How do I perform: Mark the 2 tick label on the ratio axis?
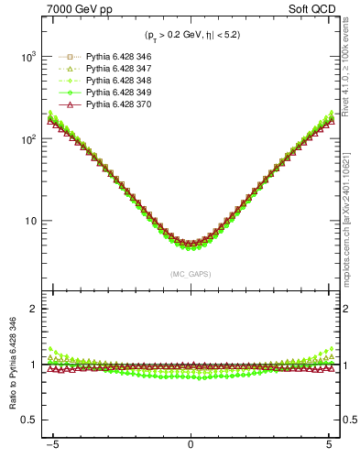click(34, 309)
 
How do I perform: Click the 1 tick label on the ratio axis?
click(34, 365)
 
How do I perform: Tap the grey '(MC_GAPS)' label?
click(191, 274)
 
